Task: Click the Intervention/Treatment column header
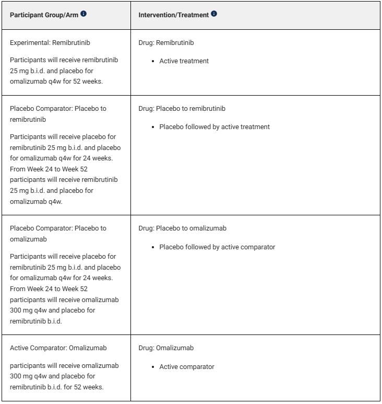pos(174,14)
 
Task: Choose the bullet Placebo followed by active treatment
pos(214,127)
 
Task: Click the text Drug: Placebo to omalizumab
pos(182,228)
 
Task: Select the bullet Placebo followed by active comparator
pos(217,247)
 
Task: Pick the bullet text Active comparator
pos(186,366)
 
